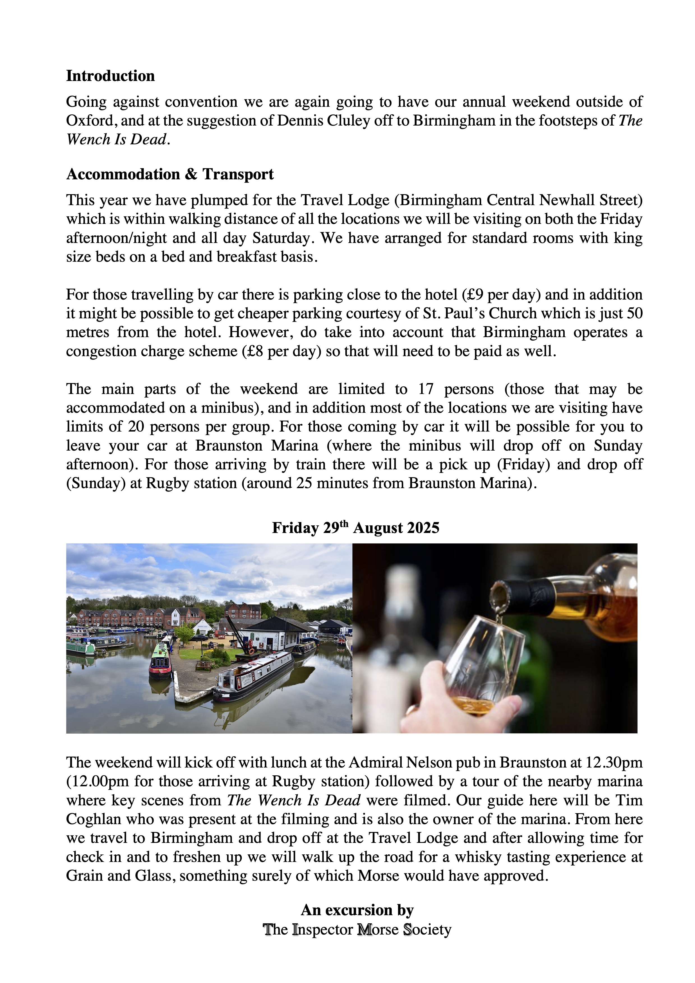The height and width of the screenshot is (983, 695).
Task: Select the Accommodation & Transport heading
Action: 170,174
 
